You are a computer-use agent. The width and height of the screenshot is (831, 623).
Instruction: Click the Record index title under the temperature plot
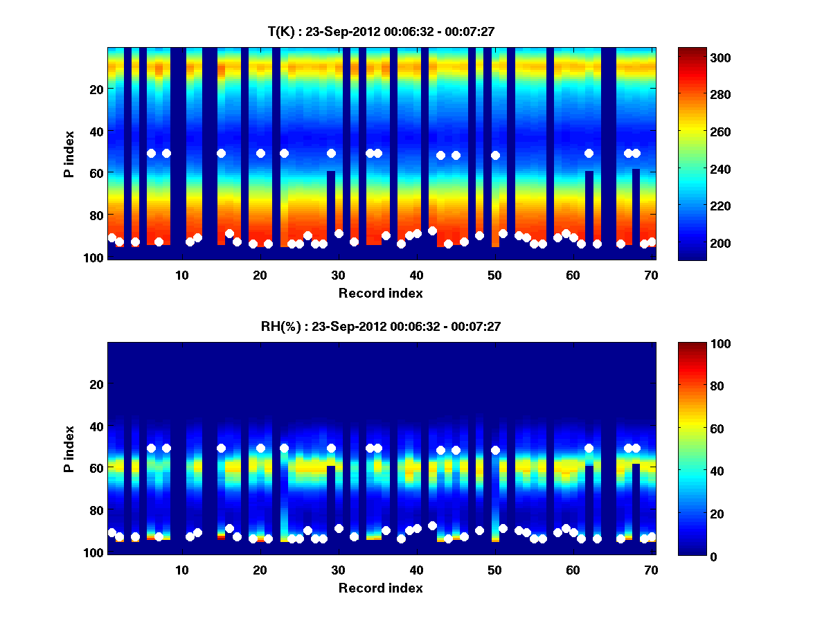(x=381, y=293)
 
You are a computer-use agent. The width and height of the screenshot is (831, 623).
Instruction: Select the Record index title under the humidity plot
(x=381, y=588)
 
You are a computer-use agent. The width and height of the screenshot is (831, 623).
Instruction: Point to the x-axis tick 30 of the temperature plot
(x=338, y=275)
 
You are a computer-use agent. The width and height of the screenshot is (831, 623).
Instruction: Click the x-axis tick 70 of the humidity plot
(x=651, y=570)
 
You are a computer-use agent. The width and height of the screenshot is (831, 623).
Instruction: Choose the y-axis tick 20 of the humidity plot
(x=96, y=384)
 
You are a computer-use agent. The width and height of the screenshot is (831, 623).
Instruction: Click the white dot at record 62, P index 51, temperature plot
(x=589, y=153)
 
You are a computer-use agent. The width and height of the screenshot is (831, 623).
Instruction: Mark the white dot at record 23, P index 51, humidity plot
(x=284, y=448)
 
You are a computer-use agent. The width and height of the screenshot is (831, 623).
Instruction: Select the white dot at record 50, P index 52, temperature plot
(x=495, y=155)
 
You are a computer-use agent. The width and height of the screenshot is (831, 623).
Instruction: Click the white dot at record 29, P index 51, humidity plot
(x=331, y=448)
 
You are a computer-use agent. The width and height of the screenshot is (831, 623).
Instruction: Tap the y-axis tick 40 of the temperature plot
(x=96, y=131)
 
